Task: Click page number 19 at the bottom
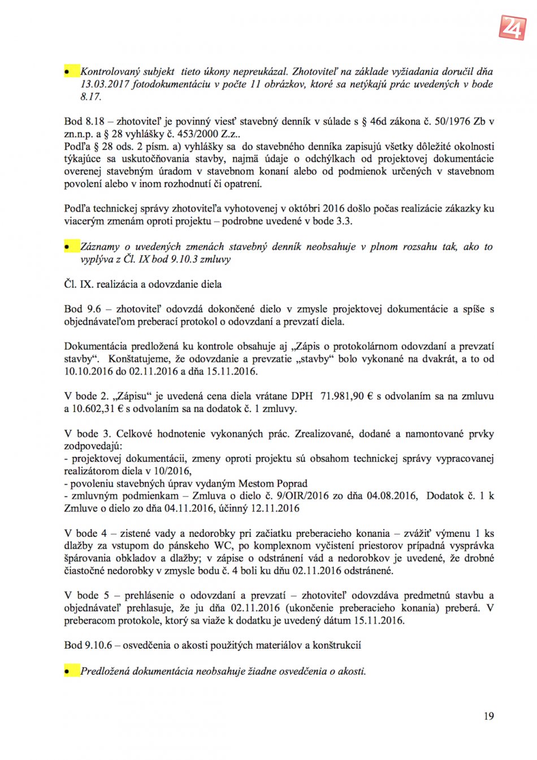488,716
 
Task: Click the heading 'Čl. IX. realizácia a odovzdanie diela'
142,284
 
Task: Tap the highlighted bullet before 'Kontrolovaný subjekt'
71,72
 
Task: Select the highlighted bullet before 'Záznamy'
71,247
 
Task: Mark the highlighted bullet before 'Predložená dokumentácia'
71,671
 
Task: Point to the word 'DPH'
302,396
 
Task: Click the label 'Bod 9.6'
83,309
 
